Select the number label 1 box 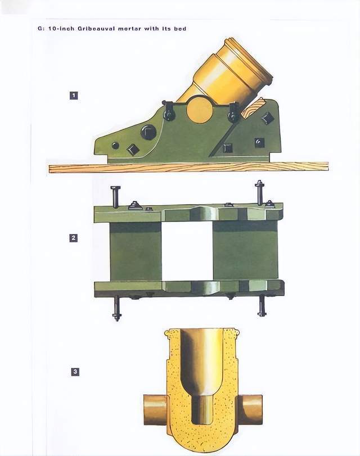tap(74, 96)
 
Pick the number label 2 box tap(73, 238)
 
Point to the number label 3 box tap(75, 372)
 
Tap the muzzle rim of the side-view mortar tap(250, 61)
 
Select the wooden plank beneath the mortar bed tap(188, 168)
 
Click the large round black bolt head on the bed tap(148, 132)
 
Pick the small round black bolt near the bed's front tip tap(115, 146)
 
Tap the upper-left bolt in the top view tap(115, 197)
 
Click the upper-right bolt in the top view tap(259, 192)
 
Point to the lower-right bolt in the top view tap(262, 306)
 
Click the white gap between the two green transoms tap(187, 251)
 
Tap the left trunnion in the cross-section tap(155, 410)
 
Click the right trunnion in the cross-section tap(250, 410)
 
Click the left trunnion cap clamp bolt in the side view tap(169, 112)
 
